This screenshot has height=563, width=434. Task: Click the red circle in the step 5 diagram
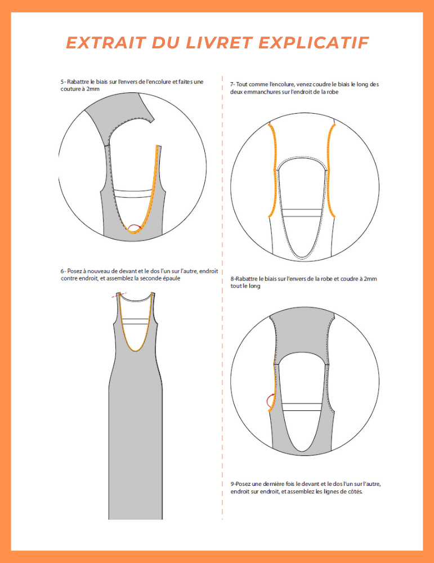click(x=134, y=227)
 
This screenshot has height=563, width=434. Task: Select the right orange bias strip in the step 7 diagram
click(x=330, y=169)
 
